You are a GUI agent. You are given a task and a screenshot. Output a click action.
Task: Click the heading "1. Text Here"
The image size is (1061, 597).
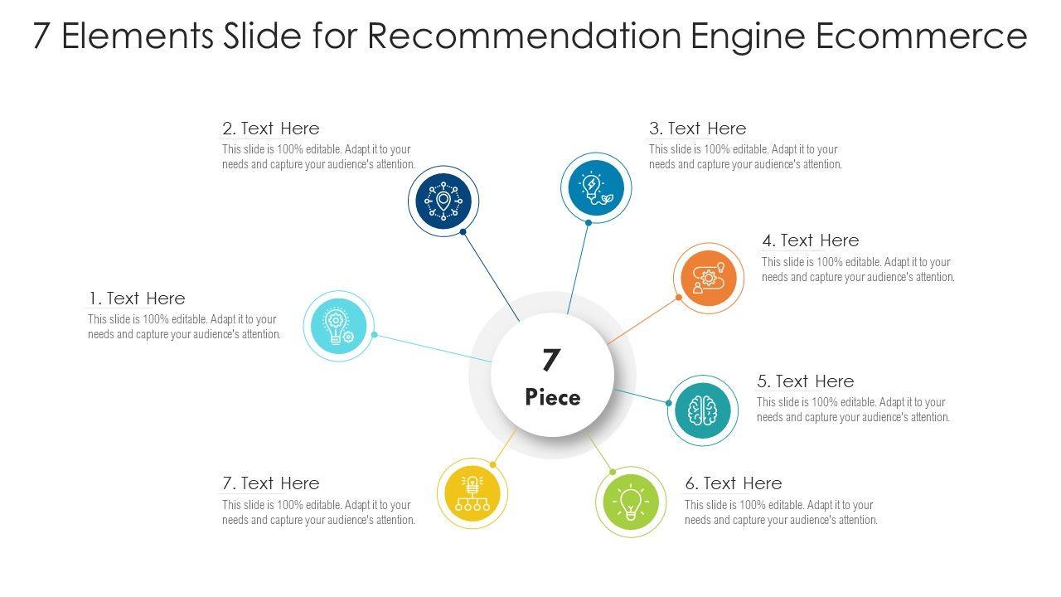137,298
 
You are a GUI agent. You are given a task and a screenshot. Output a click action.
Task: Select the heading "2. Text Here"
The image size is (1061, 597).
270,129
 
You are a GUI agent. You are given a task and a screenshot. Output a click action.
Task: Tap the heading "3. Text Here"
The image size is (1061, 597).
697,129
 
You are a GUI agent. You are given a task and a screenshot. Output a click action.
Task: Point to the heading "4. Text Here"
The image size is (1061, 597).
811,240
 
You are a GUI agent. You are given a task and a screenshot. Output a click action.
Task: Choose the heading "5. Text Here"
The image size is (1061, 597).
805,381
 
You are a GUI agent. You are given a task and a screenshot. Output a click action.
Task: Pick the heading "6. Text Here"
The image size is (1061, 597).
733,483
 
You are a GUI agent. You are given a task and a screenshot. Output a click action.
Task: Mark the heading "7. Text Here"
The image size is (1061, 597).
270,483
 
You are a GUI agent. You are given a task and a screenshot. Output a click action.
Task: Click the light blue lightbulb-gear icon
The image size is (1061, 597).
338,326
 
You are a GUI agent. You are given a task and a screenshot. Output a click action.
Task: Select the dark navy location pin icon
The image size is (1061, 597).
443,201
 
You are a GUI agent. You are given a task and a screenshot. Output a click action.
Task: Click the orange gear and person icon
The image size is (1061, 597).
708,278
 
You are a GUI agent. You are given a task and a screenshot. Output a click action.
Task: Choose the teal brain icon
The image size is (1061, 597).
702,410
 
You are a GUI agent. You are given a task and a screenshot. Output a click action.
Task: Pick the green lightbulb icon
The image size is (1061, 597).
631,501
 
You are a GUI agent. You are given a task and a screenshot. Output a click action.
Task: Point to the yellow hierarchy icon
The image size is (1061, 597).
472,493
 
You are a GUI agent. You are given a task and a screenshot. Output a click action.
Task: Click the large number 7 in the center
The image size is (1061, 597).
551,361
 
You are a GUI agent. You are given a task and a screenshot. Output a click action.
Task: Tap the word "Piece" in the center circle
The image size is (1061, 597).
553,397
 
